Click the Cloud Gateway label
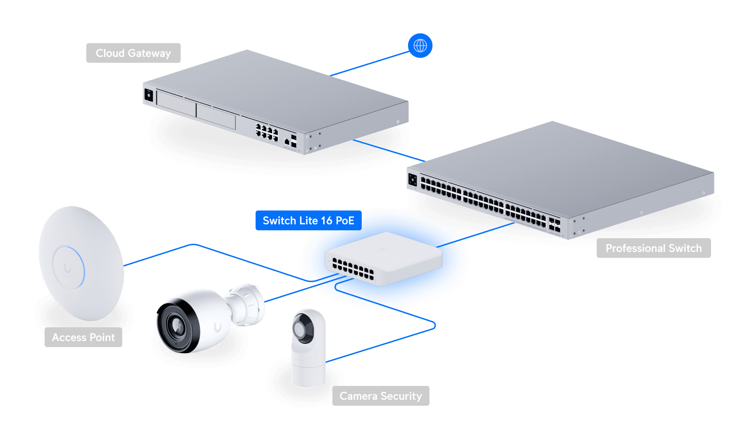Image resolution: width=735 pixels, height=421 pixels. click(x=133, y=53)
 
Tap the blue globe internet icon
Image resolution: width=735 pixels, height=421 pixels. click(x=420, y=45)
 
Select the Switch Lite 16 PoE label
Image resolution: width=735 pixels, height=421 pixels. click(x=308, y=220)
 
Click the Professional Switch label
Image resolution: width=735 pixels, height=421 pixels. click(x=653, y=248)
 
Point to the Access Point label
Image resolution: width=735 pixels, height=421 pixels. click(x=83, y=337)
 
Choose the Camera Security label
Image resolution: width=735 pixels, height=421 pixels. click(x=380, y=396)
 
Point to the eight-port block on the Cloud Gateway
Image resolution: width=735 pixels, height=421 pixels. click(x=267, y=132)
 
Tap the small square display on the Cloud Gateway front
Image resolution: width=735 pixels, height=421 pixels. click(x=149, y=96)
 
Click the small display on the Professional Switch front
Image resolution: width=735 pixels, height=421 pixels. click(x=413, y=180)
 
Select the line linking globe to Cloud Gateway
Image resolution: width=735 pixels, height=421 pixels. click(x=370, y=64)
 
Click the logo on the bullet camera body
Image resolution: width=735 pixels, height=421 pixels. click(x=217, y=327)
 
